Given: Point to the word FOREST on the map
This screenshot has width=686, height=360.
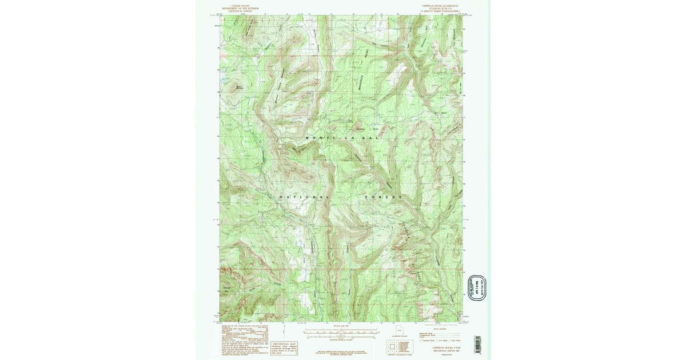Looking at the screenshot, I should point(384,197).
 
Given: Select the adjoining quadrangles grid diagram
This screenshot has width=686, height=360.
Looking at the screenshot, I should point(392,347).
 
